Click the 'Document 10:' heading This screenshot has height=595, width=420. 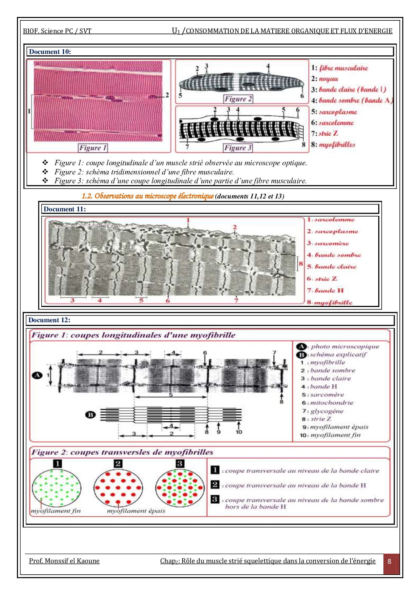click(x=50, y=52)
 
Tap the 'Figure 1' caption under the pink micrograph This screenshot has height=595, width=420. click(x=93, y=148)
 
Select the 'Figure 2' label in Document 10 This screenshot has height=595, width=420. click(x=238, y=99)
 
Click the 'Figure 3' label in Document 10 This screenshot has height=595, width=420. click(x=238, y=148)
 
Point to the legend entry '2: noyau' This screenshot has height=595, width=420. click(x=324, y=79)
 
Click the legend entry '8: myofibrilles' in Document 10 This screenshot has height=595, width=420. click(x=333, y=145)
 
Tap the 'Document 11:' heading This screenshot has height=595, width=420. click(x=65, y=209)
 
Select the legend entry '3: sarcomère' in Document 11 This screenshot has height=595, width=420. click(x=328, y=243)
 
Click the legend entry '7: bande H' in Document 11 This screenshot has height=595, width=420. click(x=325, y=290)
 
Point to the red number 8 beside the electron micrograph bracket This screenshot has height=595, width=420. click(x=301, y=264)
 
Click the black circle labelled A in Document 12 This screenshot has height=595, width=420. click(x=37, y=375)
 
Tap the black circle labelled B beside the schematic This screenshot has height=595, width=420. click(x=90, y=415)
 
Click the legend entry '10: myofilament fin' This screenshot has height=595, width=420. click(x=330, y=435)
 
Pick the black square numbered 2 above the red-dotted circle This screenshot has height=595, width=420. click(x=118, y=464)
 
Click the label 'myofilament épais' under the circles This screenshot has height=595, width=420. click(x=136, y=511)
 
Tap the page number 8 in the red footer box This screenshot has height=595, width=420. click(x=389, y=561)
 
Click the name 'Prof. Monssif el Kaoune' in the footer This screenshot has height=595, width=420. click(x=64, y=561)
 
